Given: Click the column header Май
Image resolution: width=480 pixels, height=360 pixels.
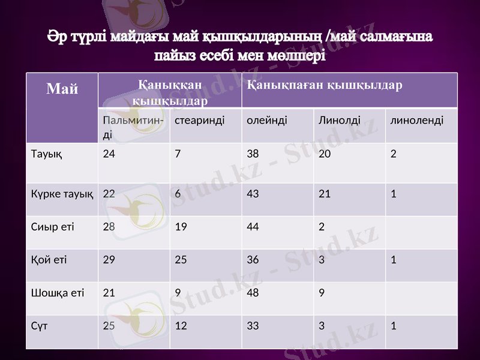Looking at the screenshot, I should pos(62,90).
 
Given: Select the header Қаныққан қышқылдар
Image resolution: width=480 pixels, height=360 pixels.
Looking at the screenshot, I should pos(170,93).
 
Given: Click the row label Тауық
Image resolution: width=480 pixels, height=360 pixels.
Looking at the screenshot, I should pos(46,154).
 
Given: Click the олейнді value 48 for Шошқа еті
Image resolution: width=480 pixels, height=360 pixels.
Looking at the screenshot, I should pos(253,293).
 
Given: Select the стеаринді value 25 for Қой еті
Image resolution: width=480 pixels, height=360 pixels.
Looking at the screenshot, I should pos(181,260).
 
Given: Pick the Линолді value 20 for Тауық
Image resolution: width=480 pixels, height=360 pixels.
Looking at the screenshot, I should pos(325,154).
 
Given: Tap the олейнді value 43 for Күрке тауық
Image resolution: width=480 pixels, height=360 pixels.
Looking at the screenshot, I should pos(253,194).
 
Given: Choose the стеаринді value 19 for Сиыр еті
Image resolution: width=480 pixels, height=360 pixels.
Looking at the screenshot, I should pos(181,227).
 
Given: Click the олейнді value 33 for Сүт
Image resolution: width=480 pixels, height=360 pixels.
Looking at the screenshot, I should pos(253,326).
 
